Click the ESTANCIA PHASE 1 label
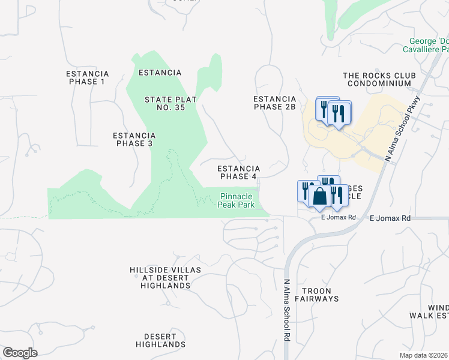point(86,77)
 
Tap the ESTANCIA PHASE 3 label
point(134,139)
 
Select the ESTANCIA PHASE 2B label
point(275,103)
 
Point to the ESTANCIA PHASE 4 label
point(238,172)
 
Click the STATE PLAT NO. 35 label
point(170,104)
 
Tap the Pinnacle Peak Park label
point(240,200)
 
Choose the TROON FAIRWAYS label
point(316,294)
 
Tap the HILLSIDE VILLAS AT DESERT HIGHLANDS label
point(165,278)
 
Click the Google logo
point(20,353)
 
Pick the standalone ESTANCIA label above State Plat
point(160,73)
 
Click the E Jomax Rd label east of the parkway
point(390,219)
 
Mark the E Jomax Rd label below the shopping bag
point(339,217)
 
